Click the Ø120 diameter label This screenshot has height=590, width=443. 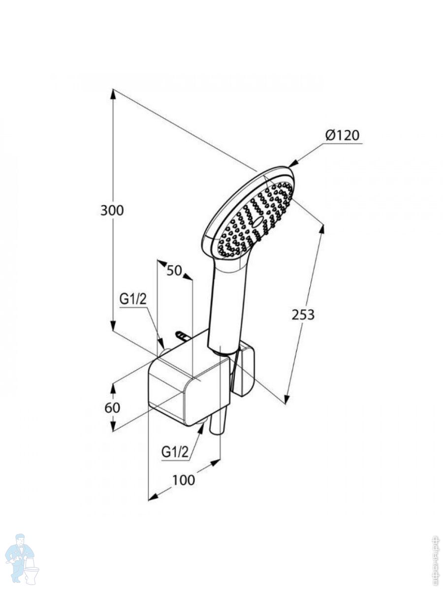343,135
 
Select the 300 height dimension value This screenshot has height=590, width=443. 112,210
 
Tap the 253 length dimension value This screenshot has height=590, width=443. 303,315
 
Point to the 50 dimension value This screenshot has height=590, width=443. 174,270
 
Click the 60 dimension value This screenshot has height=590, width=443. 112,408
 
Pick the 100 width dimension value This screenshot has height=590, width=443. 184,480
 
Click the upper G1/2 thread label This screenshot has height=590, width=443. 133,298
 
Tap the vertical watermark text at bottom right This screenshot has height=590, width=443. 435,560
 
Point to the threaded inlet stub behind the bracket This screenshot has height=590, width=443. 181,335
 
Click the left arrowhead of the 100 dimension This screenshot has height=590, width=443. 152,497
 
